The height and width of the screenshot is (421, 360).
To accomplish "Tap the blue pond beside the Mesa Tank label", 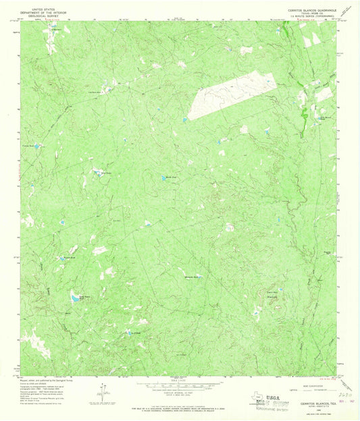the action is click(x=164, y=178).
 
